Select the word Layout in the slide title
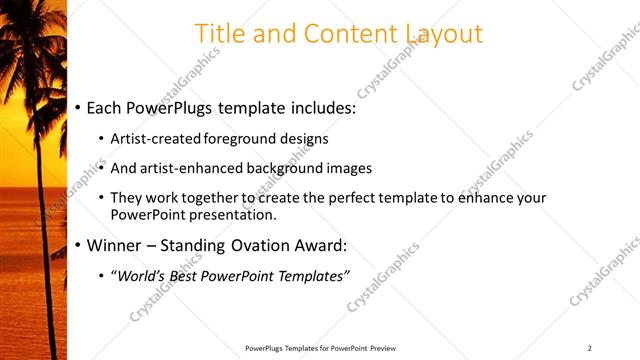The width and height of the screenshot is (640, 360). click(x=444, y=34)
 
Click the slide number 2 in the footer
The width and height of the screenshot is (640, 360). click(x=590, y=348)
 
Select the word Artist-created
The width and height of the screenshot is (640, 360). click(x=157, y=138)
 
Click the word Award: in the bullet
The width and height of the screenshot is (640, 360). click(x=320, y=245)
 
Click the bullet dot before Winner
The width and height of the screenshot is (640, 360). click(x=78, y=245)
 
